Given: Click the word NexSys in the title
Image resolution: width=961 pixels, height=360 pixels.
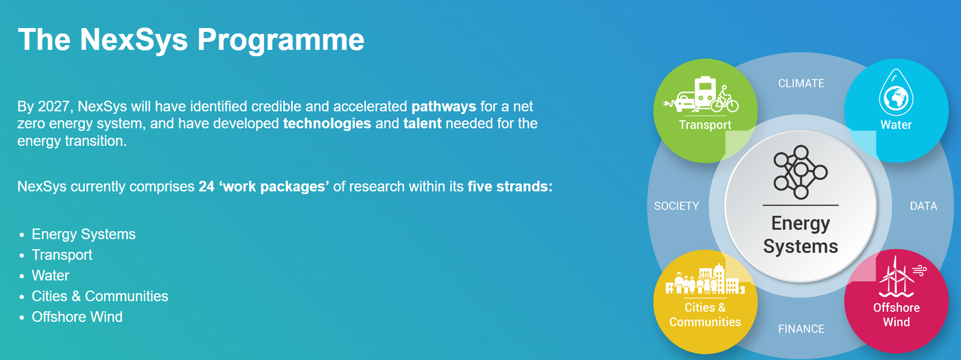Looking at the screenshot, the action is coord(134,40).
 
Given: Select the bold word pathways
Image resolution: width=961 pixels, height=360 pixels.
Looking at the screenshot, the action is coord(444,107).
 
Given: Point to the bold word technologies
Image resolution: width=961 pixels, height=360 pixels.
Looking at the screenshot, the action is coord(327,124).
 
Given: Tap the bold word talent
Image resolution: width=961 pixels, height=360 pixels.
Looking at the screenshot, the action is coord(422,124).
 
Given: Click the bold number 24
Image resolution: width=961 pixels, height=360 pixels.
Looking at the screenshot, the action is coord(206,187).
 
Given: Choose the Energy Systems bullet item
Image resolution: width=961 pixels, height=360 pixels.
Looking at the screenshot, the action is coord(84,234).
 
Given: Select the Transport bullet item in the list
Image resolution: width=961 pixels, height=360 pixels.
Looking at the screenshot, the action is coord(62,255).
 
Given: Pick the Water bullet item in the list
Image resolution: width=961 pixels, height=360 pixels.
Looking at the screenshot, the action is coord(50,276).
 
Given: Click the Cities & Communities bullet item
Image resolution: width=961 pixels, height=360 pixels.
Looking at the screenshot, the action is coord(100,296).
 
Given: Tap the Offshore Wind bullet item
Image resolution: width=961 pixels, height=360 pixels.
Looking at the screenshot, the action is coord(77,317).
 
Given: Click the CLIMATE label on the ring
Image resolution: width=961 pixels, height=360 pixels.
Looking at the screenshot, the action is coord(801,83).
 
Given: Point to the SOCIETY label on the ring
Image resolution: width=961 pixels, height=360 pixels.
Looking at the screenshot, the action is coord(677,206).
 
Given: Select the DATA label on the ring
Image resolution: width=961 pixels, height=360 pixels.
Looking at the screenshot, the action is coord(923,206).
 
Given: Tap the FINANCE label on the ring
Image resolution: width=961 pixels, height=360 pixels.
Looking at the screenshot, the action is coord(801,329).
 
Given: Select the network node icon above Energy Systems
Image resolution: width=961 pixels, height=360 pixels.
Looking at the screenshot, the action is coord(800,172).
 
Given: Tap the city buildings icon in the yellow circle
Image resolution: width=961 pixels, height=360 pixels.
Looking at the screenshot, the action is coord(705,279).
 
